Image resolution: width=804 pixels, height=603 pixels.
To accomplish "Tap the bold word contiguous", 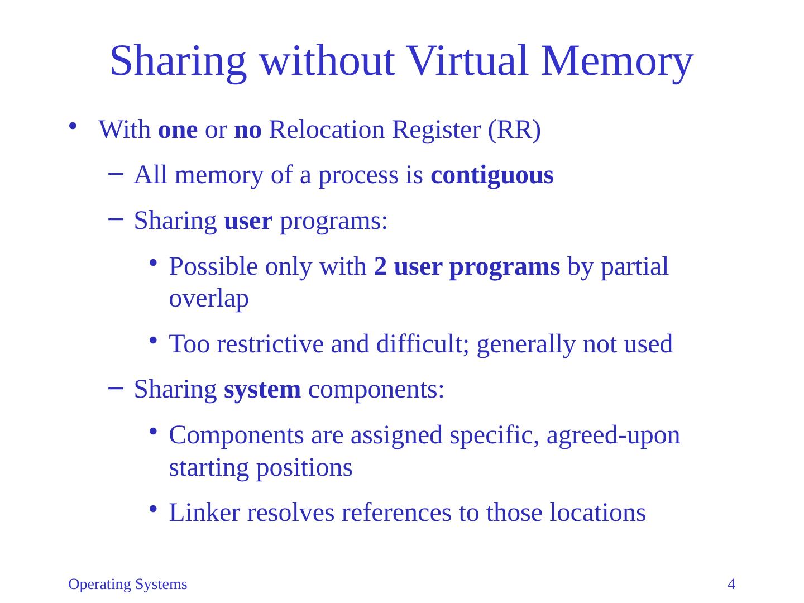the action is [x=492, y=175].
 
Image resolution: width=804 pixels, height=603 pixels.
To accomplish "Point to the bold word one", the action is [x=178, y=131].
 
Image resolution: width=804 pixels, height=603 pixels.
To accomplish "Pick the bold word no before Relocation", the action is [x=248, y=131].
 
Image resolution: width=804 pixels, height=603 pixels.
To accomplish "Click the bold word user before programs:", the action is [x=248, y=221].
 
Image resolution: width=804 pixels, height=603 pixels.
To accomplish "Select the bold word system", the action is [x=262, y=389].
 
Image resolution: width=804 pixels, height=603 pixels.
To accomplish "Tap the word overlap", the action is [x=209, y=299].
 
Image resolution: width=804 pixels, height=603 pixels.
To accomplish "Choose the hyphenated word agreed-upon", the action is [x=614, y=435].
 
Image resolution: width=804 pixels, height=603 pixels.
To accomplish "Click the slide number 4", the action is [x=731, y=585].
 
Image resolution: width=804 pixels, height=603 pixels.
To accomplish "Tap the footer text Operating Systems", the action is [x=128, y=585].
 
